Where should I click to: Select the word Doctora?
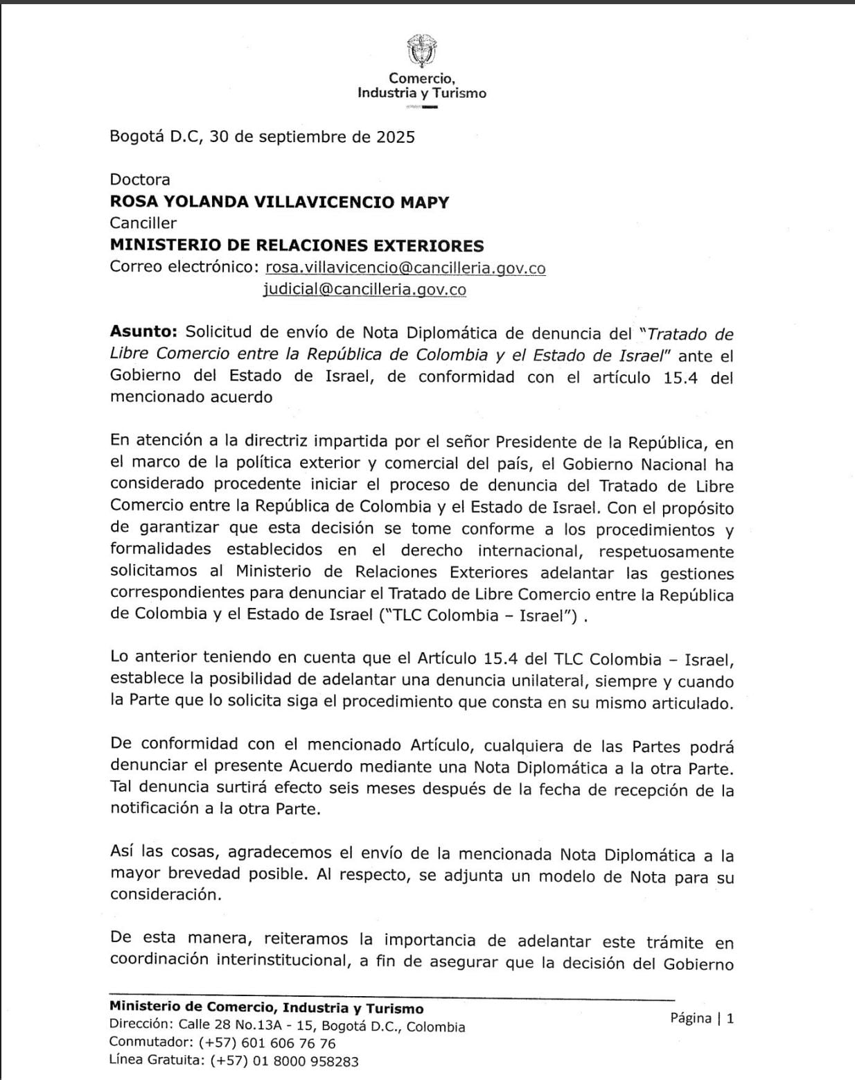tap(140, 180)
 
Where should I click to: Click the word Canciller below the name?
tap(143, 223)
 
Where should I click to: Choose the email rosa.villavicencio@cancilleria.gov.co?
tap(405, 268)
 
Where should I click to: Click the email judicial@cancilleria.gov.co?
tap(364, 290)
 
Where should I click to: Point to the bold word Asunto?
tap(143, 333)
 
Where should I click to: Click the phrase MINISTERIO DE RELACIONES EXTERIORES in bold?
tap(297, 245)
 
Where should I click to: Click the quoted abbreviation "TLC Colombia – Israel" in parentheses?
tap(478, 616)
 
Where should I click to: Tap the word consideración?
tap(166, 895)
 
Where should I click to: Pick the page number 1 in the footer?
tap(730, 1018)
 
